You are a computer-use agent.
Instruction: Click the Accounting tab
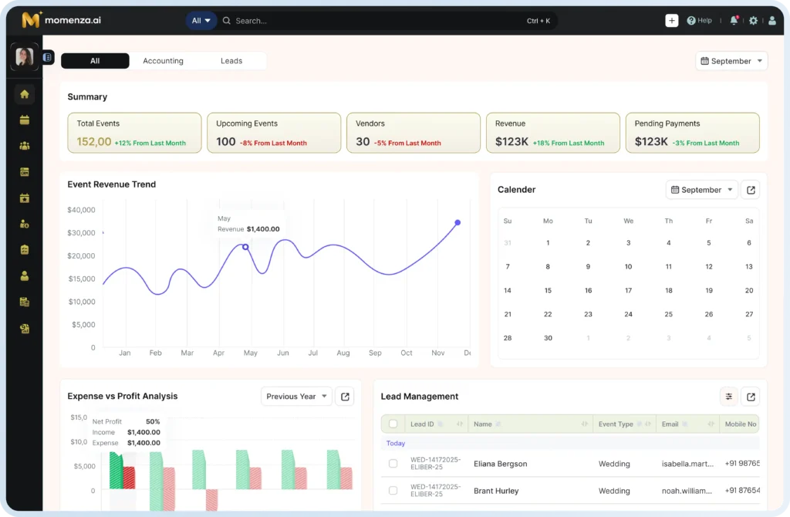tap(163, 61)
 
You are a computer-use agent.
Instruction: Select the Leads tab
tap(231, 61)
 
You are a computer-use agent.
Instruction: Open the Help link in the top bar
tap(699, 21)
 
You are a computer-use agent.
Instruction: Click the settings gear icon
tap(753, 21)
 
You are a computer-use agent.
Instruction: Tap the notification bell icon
tap(734, 21)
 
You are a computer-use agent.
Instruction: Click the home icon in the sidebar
tap(24, 94)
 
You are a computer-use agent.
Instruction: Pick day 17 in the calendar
tap(628, 290)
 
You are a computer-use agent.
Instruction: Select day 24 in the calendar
tap(628, 314)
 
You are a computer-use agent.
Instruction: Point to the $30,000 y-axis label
tap(81, 233)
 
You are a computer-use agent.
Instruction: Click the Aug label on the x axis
tap(343, 353)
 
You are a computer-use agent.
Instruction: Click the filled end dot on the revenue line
tap(457, 222)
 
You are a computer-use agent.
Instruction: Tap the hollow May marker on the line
tap(245, 247)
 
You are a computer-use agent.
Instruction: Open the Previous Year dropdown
tap(296, 397)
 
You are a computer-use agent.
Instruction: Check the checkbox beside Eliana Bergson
tap(393, 464)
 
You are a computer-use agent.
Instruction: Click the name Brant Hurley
tap(496, 491)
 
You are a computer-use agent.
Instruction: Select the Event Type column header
tap(616, 424)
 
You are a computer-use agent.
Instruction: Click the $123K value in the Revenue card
tap(511, 142)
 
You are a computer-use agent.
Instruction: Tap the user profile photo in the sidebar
tap(24, 56)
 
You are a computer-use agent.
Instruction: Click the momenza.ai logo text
tap(73, 20)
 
